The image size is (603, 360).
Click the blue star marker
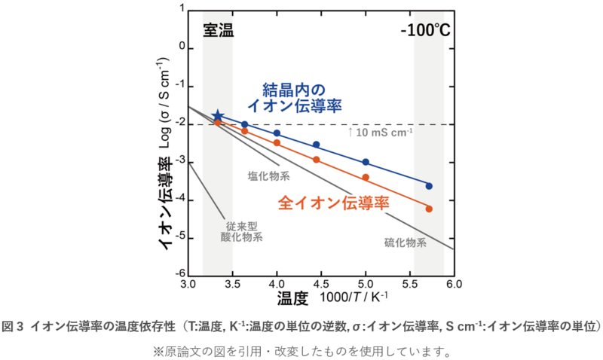(218, 116)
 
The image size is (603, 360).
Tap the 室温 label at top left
(218, 31)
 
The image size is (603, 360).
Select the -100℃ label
(425, 31)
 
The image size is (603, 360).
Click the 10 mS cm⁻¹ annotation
(381, 133)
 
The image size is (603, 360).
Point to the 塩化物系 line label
(269, 176)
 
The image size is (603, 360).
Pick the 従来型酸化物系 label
(241, 230)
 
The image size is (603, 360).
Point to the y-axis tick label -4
(180, 200)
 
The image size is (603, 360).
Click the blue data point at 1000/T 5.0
(366, 162)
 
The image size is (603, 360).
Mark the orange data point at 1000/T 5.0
(366, 177)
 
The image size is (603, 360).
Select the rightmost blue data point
(429, 185)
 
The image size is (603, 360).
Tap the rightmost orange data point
(429, 209)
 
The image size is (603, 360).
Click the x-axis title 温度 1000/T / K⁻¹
(332, 298)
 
